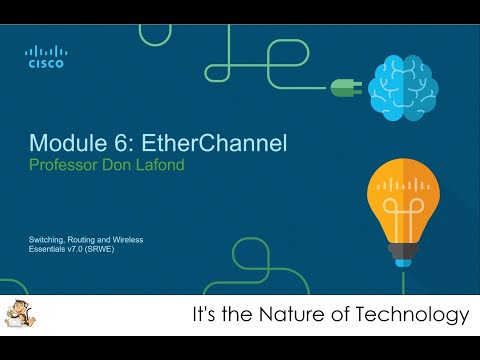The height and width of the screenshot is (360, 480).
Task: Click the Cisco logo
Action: pyautogui.click(x=44, y=56)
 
